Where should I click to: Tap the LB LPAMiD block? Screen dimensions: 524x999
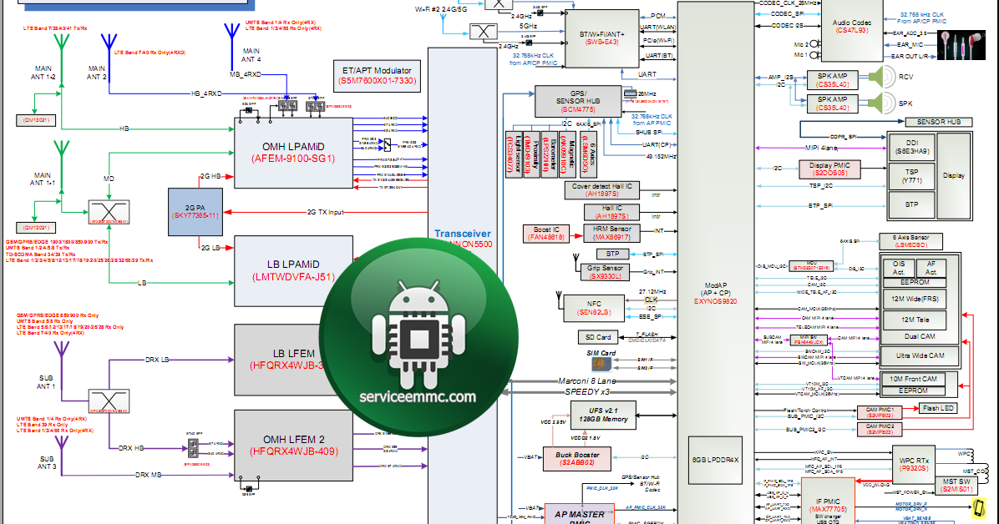pos(293,270)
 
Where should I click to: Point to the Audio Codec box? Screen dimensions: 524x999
pos(851,24)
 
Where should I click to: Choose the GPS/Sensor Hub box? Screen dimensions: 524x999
pos(578,101)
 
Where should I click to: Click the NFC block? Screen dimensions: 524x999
pos(594,308)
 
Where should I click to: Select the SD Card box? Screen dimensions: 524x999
pos(598,338)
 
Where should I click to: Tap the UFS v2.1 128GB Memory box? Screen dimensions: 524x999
pos(602,414)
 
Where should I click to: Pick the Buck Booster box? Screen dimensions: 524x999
pos(586,457)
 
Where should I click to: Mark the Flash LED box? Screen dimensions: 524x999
pos(937,408)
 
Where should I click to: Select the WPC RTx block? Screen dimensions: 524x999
pos(912,464)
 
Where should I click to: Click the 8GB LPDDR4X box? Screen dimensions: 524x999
pos(716,460)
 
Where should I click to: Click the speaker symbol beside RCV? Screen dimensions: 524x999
pos(875,78)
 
